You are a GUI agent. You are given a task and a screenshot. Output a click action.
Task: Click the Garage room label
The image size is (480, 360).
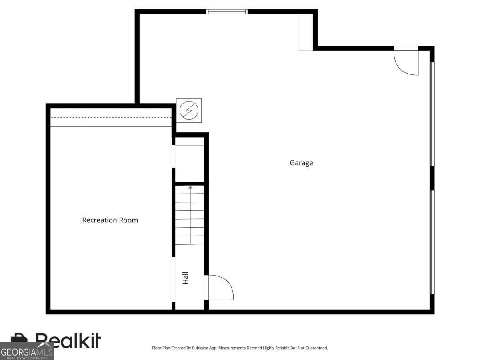(x=301, y=163)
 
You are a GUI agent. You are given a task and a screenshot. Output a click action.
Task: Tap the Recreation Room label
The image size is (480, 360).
(x=110, y=220)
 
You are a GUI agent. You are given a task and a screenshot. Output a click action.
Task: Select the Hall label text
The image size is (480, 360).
(x=185, y=278)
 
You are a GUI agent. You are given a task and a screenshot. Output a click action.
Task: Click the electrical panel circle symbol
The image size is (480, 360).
(x=189, y=110)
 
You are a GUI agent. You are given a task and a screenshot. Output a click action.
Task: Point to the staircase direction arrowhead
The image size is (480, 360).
(x=190, y=187)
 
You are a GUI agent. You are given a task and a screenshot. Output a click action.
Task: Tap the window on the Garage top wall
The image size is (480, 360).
(x=227, y=11)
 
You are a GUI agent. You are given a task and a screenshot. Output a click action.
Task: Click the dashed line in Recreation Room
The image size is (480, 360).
(x=111, y=117)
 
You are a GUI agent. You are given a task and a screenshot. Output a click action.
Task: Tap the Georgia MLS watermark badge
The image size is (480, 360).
(x=27, y=351)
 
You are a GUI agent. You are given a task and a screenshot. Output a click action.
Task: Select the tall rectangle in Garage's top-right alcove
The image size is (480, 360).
(x=305, y=32)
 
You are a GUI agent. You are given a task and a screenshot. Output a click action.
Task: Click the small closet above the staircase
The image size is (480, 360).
(x=190, y=160)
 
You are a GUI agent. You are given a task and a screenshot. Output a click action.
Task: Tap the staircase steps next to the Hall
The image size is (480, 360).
(x=190, y=215)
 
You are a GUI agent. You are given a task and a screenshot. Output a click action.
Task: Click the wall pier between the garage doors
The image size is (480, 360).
(x=432, y=178)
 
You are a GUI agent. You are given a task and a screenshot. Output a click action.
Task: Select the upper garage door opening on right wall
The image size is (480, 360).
(x=432, y=114)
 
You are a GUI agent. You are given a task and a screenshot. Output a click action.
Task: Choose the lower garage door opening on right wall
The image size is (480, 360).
(x=432, y=242)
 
